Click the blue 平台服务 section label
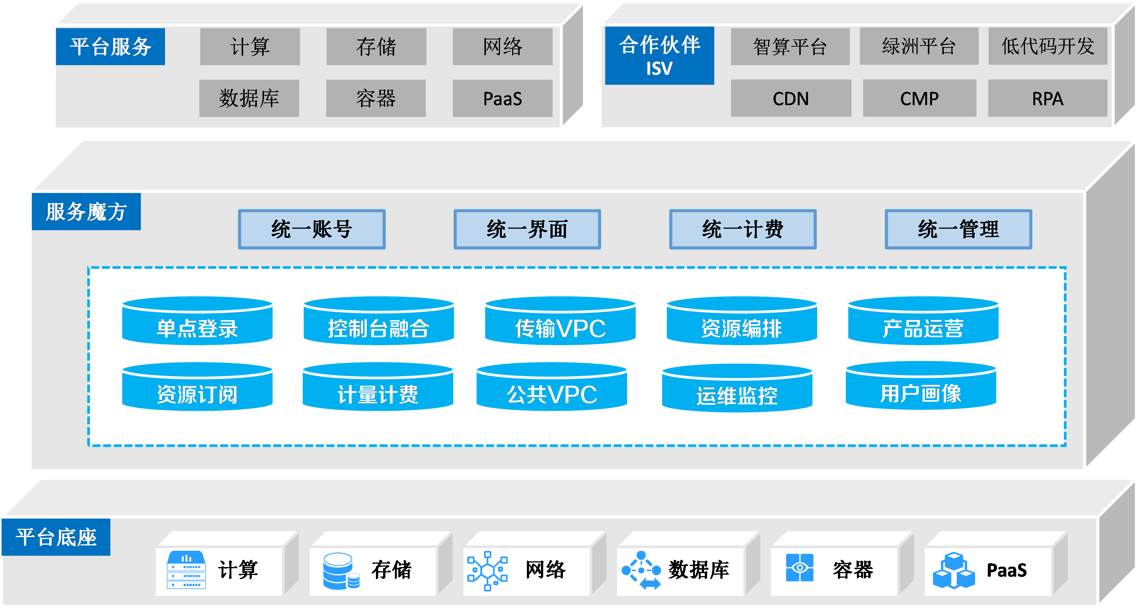point(110,46)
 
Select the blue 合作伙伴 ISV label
point(659,55)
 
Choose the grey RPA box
point(1047,98)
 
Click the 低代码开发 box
point(1047,46)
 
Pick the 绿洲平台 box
point(918,46)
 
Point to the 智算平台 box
point(790,46)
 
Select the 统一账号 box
point(311,229)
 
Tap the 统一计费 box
point(742,229)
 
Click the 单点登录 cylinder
point(197,322)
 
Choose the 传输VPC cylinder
point(560,322)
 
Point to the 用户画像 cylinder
point(920,386)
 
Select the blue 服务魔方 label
point(86,212)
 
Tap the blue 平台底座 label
point(56,537)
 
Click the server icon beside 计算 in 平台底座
point(186,570)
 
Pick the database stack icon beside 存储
point(341,570)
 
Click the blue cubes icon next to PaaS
point(953,570)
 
